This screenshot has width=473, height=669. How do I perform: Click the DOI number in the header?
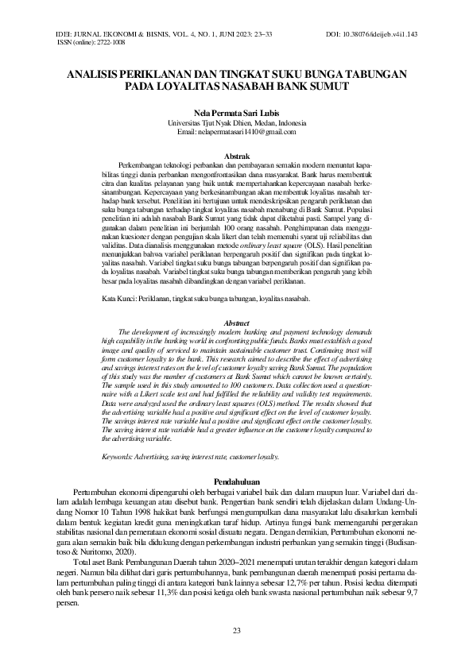[x=383, y=35]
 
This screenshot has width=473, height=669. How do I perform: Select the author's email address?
[x=236, y=132]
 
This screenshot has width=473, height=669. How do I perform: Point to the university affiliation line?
[x=236, y=122]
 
